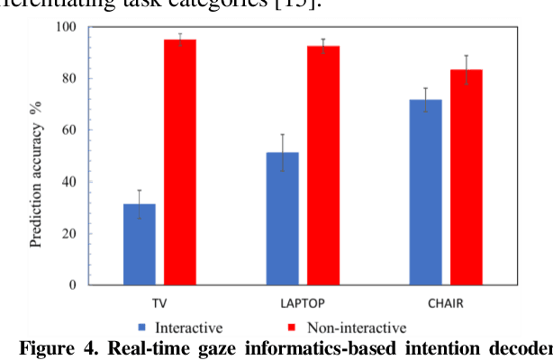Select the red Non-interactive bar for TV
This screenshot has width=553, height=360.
179,162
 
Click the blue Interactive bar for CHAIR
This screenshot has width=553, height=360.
426,193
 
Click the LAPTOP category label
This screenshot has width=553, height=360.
303,302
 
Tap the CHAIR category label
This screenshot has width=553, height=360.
447,302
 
